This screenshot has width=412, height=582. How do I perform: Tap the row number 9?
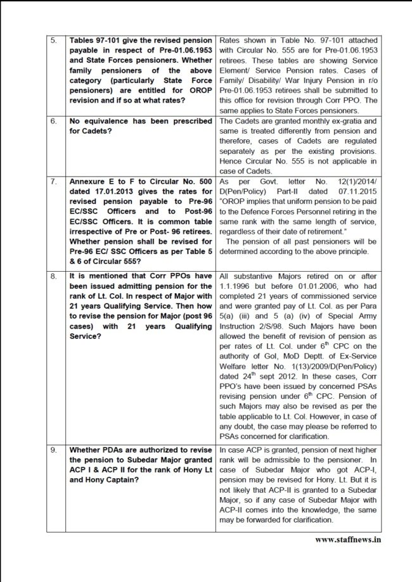(x=54, y=450)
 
